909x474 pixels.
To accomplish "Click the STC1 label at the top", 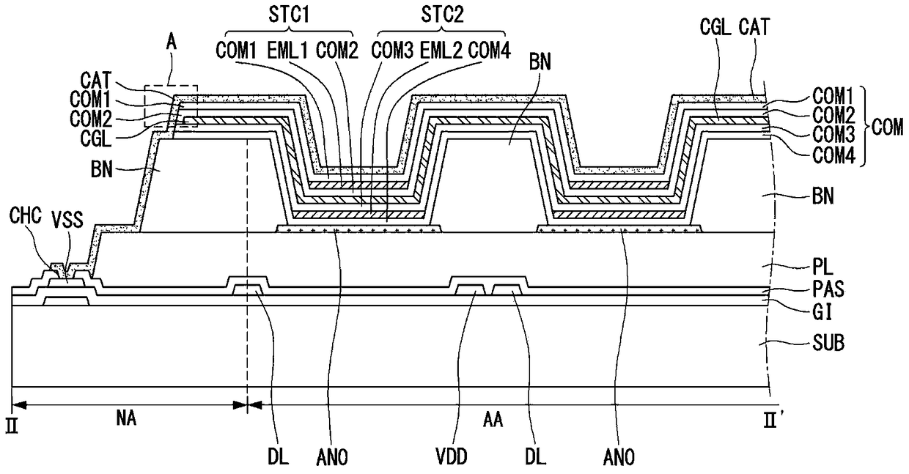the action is (289, 15).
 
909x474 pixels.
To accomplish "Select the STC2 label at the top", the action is (442, 15).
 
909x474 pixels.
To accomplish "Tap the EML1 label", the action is (287, 51).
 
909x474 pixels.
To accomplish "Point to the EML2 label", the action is (441, 51).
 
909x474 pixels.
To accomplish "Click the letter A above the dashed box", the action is (172, 42).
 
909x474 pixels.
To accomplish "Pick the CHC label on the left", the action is (25, 215).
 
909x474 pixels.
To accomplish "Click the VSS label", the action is (67, 221).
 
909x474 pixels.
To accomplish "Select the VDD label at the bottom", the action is (452, 457).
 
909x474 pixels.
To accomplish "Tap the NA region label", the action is (126, 418).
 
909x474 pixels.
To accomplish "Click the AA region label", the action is (493, 420).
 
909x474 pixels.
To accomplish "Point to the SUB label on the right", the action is (828, 344).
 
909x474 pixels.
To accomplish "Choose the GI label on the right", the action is (822, 313).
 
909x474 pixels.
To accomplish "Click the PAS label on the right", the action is (828, 289).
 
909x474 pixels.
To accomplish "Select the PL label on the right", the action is (822, 267).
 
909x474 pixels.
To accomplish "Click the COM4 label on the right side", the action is (833, 155).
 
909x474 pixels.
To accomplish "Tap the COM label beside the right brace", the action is (888, 127).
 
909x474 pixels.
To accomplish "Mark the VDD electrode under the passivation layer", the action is (471, 289).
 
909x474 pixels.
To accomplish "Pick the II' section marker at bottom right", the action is (772, 420).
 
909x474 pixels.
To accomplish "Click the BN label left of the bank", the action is (101, 169).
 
